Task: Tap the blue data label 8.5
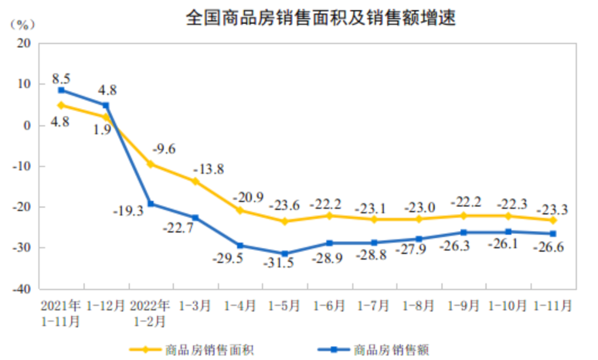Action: (61, 78)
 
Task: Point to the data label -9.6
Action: (165, 149)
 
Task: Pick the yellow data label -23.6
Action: (285, 205)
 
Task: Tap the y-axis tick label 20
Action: (22, 43)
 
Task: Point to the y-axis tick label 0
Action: (26, 125)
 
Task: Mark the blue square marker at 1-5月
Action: (285, 253)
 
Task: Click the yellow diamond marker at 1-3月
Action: (195, 182)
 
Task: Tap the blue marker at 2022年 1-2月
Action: (151, 204)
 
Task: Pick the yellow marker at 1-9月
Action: (464, 216)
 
